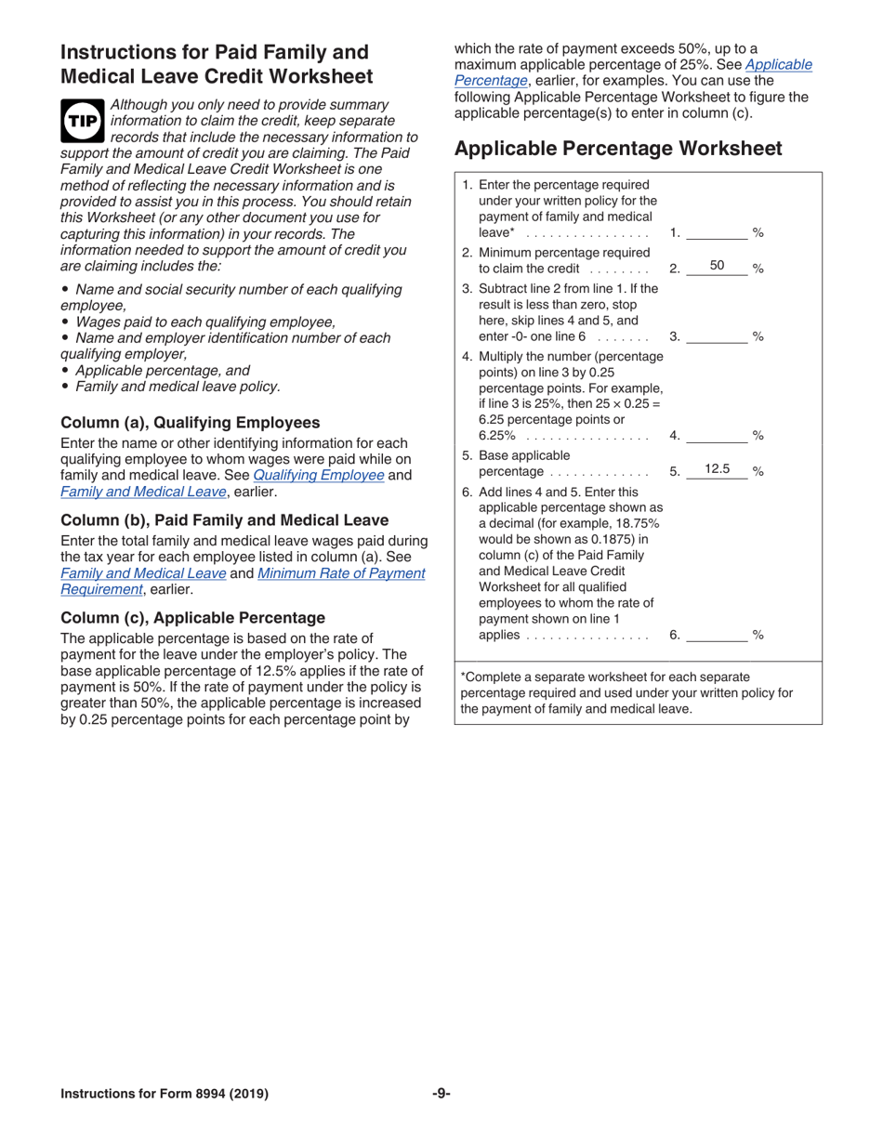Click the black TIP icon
click(x=82, y=122)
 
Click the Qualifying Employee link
click(x=319, y=475)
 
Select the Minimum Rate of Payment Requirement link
click(x=340, y=573)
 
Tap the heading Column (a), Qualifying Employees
click(x=190, y=422)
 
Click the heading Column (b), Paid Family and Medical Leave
click(x=224, y=519)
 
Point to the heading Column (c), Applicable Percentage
click(x=192, y=618)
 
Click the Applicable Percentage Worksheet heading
click(x=617, y=148)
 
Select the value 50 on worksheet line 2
click(x=717, y=266)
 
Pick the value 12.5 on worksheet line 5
click(x=717, y=469)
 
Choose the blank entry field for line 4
click(x=717, y=434)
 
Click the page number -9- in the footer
click(x=441, y=1094)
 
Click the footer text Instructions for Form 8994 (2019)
click(x=165, y=1094)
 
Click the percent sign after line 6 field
click(x=758, y=636)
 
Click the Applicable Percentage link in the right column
click(x=779, y=64)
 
